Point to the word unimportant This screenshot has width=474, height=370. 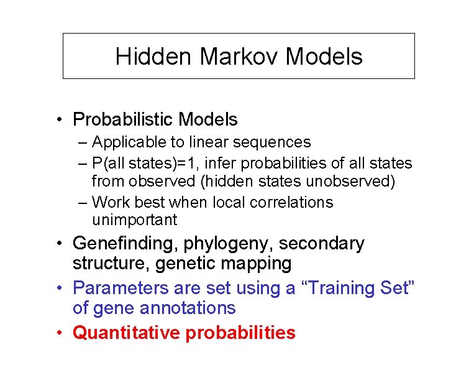point(134,220)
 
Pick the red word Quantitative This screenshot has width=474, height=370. point(127,333)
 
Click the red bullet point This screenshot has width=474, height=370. point(57,333)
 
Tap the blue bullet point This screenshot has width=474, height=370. point(57,289)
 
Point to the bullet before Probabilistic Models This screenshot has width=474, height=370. point(57,119)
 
